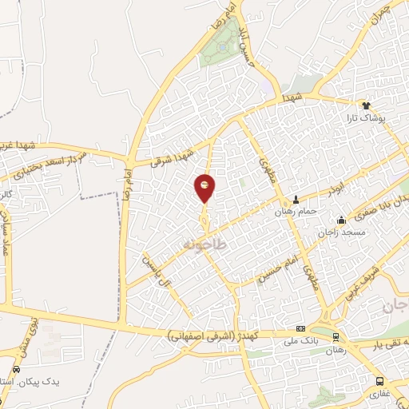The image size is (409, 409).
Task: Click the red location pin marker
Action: point(204,187)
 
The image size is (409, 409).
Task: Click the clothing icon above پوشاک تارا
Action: point(366,105)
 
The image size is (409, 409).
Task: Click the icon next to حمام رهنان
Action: point(296,199)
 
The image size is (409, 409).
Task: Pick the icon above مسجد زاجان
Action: point(341,220)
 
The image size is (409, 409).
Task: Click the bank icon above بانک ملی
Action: point(300,328)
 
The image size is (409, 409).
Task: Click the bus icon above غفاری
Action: point(380,381)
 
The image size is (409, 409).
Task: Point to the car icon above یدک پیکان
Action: point(17,369)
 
